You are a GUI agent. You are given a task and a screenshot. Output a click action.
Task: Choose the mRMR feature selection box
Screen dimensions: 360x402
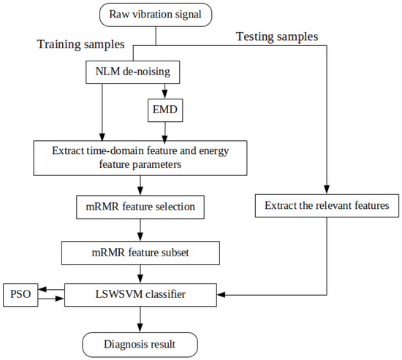(x=140, y=207)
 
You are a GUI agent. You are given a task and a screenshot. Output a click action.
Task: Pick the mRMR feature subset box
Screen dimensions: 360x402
(x=140, y=253)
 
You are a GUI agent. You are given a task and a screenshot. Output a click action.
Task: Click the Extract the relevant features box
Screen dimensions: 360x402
(x=325, y=207)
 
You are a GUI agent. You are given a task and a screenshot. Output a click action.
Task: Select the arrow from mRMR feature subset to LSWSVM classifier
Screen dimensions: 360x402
(x=140, y=273)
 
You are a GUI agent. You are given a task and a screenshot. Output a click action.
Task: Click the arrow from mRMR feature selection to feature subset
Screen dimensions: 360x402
(x=140, y=230)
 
